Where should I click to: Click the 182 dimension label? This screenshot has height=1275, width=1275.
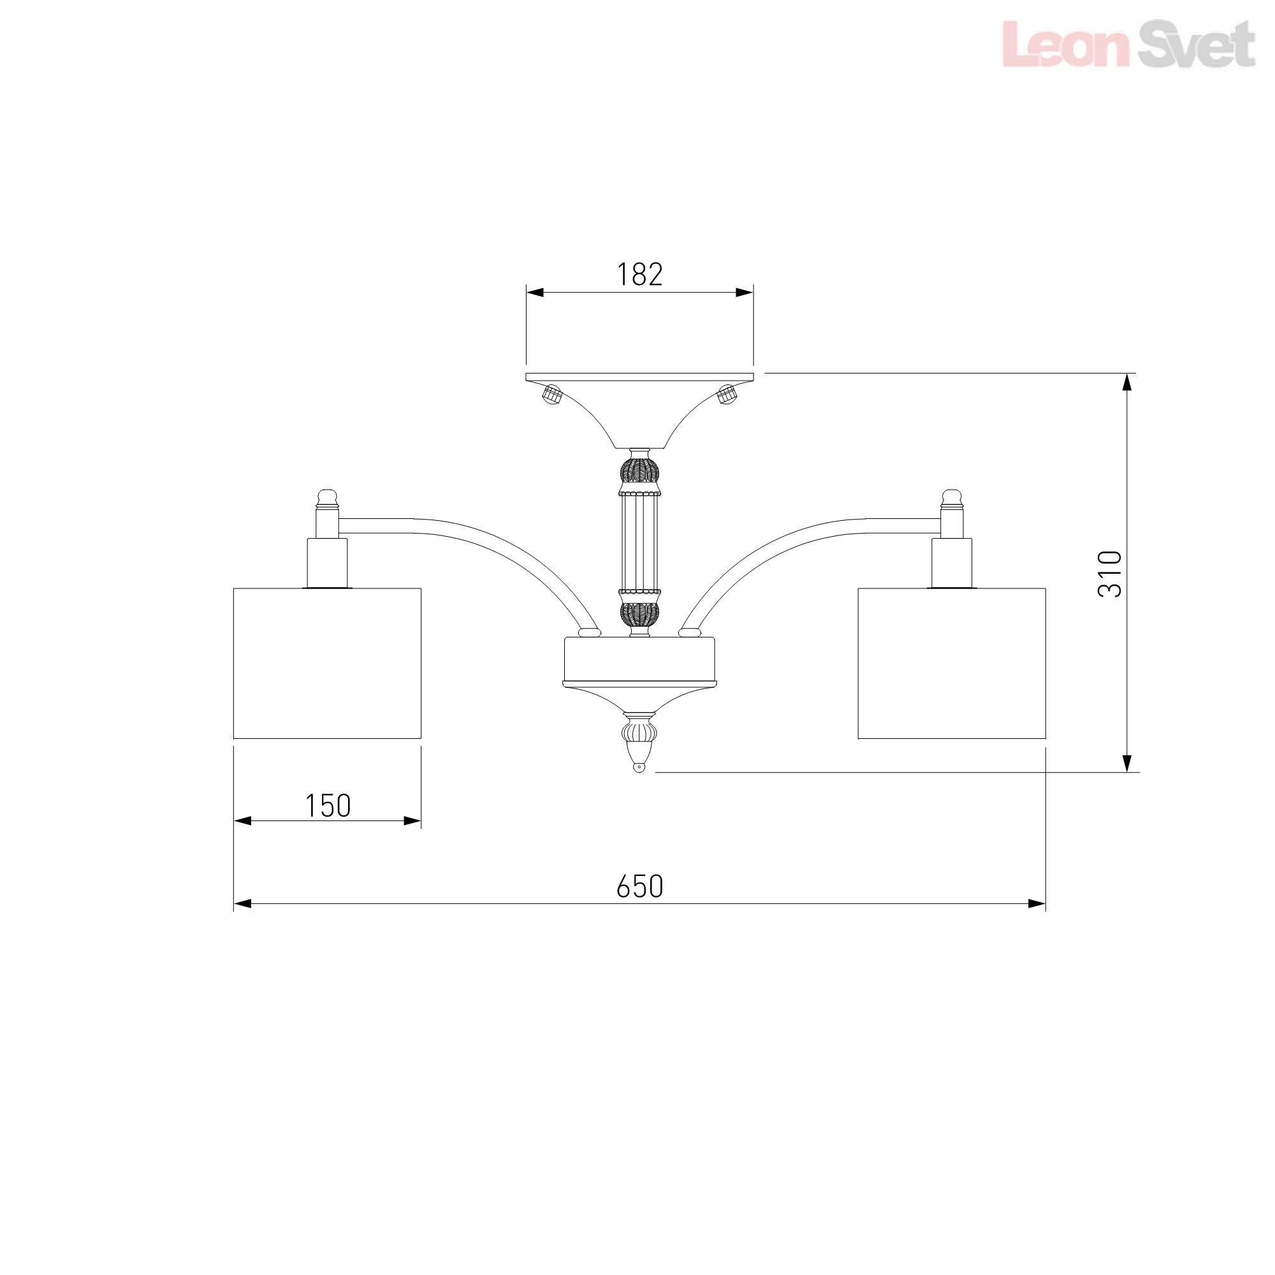(639, 275)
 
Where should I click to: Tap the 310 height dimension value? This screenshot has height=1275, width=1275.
(1109, 574)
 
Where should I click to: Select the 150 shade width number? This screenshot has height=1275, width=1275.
(328, 806)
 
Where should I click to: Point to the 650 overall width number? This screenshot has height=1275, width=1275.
(639, 887)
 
